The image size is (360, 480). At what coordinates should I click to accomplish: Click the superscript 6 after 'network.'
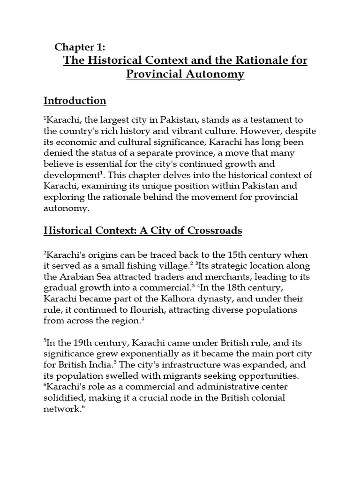pos(83,406)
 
